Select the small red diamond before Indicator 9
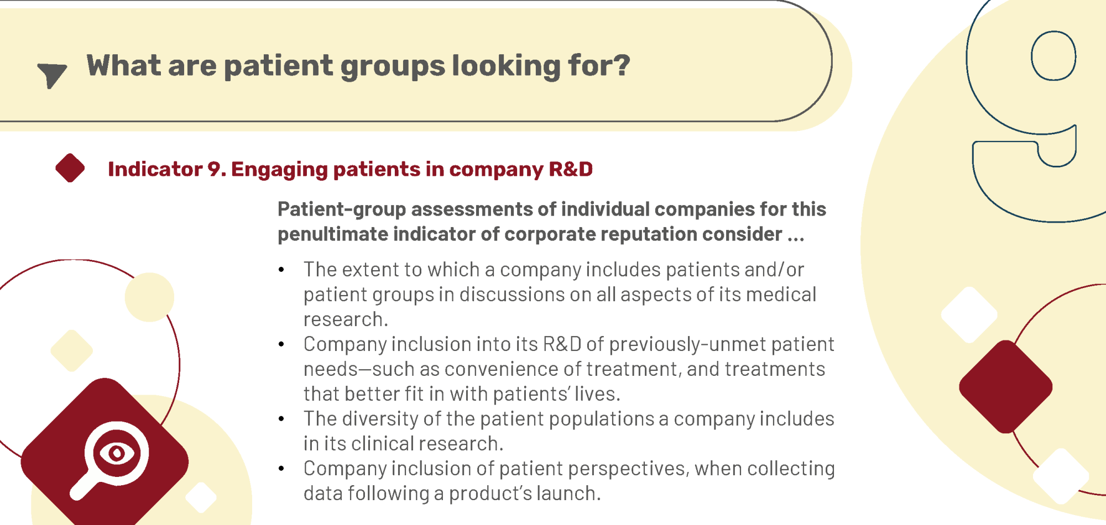(70, 168)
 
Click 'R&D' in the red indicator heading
(571, 169)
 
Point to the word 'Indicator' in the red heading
(155, 169)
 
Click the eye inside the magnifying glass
(117, 454)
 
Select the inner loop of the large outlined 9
(1053, 56)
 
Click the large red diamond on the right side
(1005, 387)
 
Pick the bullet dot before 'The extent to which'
(281, 270)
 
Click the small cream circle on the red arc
(149, 297)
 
